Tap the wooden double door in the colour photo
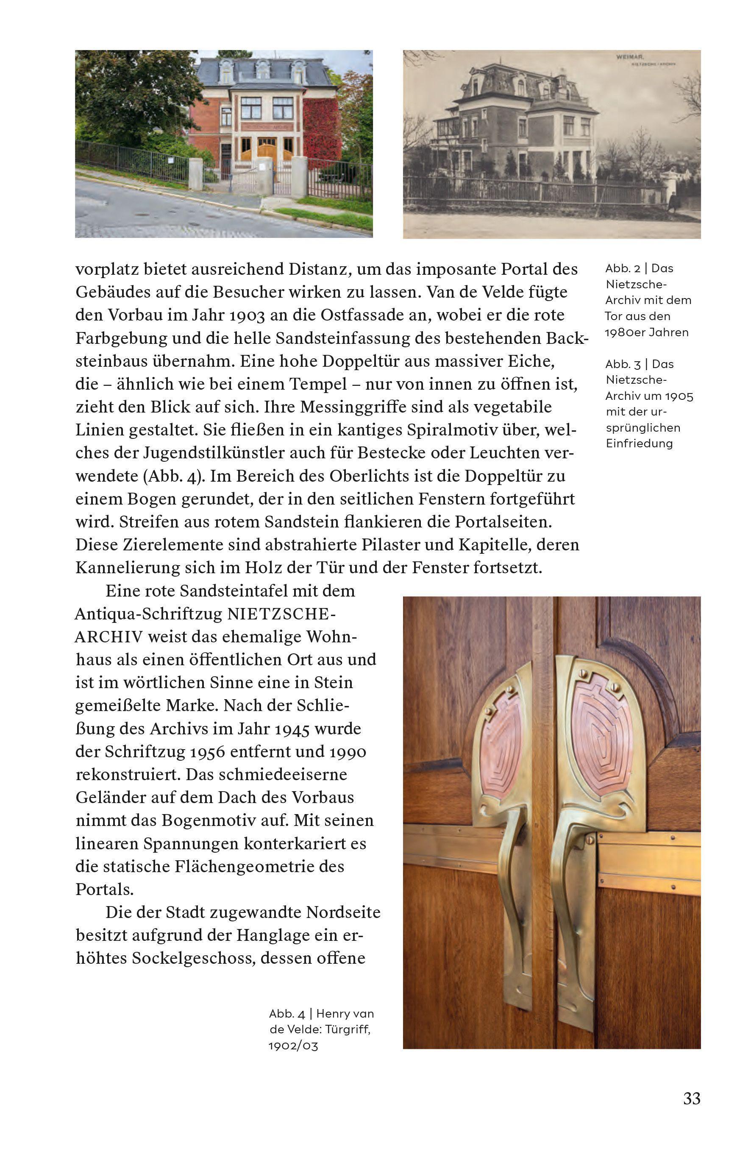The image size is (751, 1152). click(266, 148)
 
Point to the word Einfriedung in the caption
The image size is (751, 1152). click(639, 444)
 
